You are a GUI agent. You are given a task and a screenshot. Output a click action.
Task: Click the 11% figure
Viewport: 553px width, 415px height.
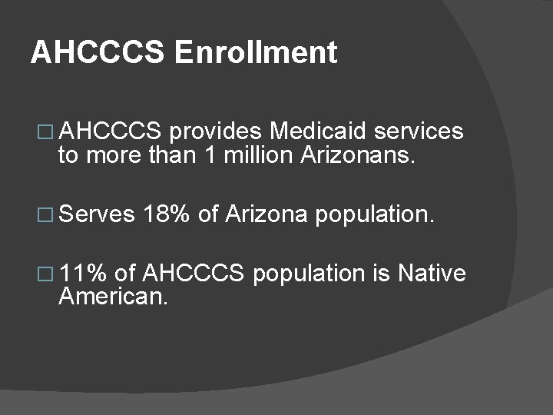84,272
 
